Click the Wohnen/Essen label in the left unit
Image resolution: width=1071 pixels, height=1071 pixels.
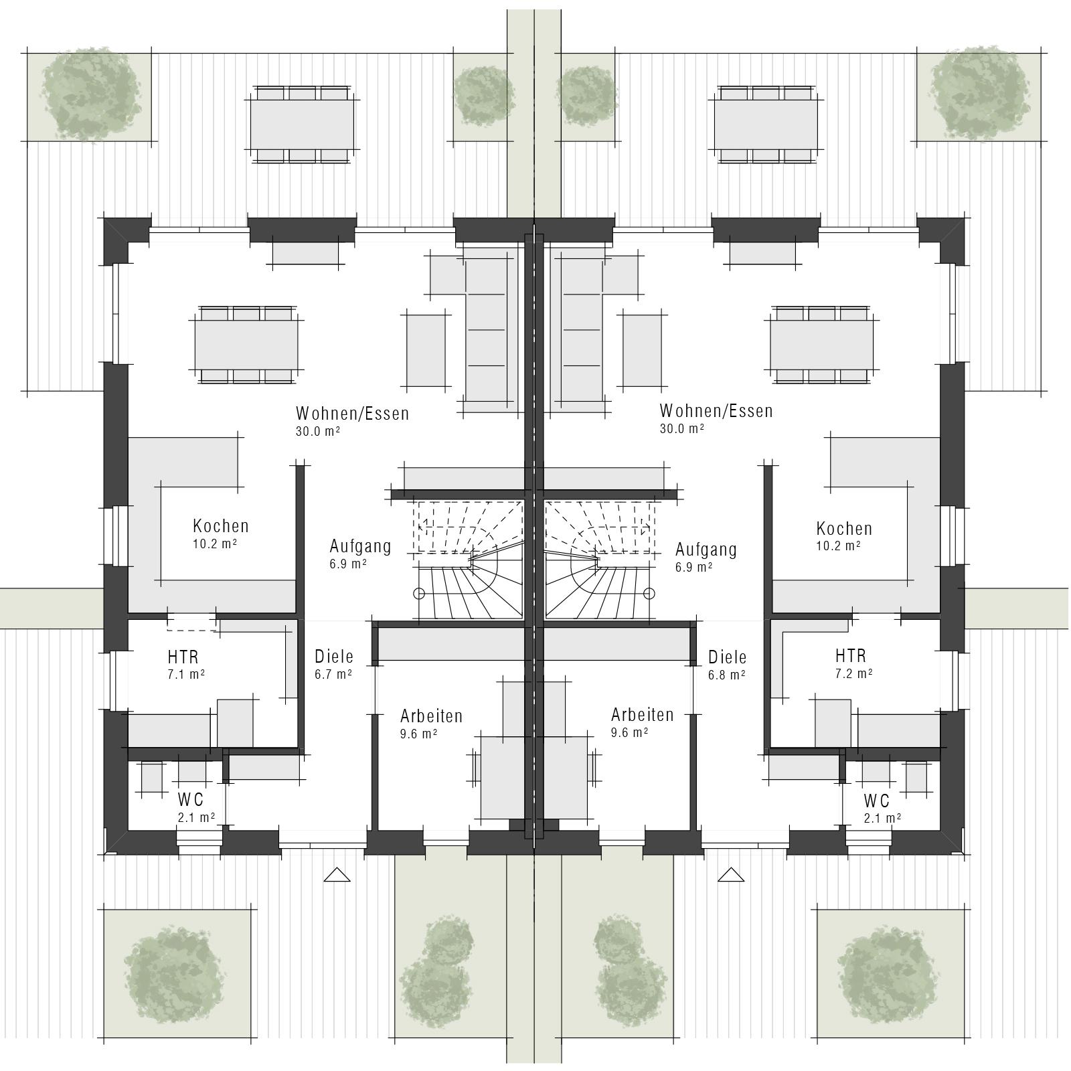(x=352, y=414)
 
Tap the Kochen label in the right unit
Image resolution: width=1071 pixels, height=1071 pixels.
(x=844, y=529)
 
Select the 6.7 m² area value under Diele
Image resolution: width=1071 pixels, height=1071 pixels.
(x=333, y=674)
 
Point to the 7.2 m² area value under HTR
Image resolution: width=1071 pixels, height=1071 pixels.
(x=853, y=673)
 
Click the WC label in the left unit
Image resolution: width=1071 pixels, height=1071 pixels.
(x=191, y=800)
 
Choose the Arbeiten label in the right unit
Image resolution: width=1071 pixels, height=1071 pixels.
(x=642, y=714)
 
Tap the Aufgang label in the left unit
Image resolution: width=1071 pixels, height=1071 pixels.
(x=360, y=546)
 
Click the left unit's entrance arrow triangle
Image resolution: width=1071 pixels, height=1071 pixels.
(x=337, y=875)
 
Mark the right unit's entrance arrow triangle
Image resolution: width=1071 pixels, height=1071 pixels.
(x=731, y=875)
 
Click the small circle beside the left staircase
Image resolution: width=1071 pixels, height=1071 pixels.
(x=420, y=593)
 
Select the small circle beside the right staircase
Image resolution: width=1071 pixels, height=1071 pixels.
(x=648, y=593)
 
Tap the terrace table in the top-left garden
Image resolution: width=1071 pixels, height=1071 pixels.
(x=302, y=124)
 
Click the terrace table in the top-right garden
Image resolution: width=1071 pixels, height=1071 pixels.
(x=766, y=124)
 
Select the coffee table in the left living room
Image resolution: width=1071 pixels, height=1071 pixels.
(x=426, y=351)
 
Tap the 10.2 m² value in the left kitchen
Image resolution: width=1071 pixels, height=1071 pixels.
(x=215, y=543)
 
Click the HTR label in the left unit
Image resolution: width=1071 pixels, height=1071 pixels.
(x=183, y=657)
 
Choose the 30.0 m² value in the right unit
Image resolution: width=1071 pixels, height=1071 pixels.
(x=681, y=428)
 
